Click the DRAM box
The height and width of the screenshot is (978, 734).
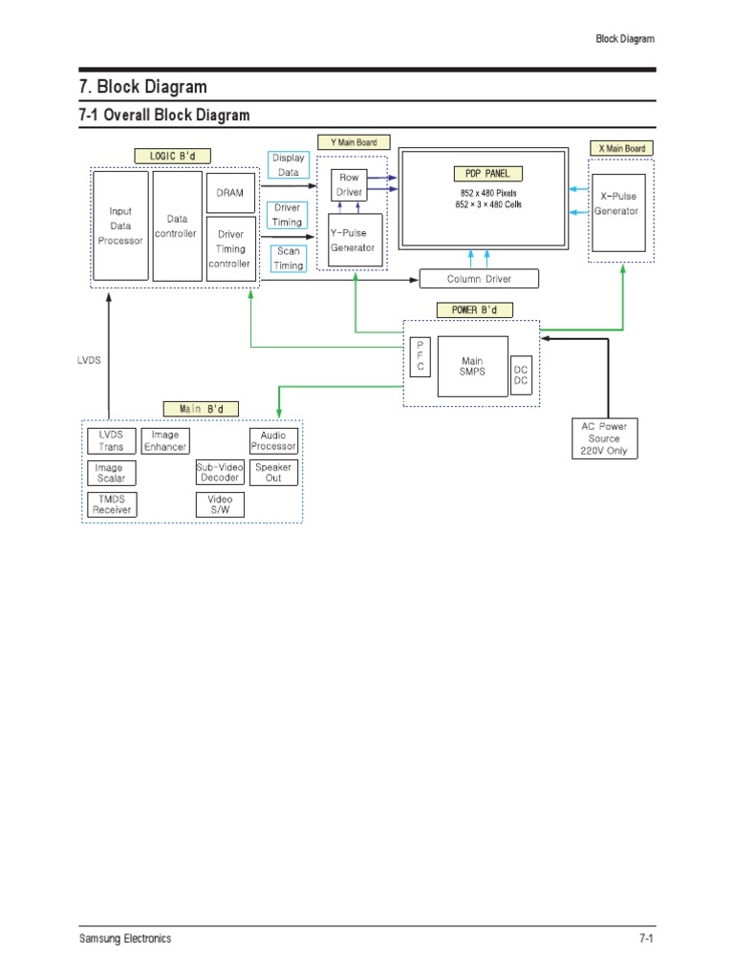pyautogui.click(x=230, y=193)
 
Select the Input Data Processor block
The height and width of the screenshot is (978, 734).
pyautogui.click(x=120, y=225)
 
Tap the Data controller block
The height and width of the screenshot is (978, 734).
pyautogui.click(x=177, y=225)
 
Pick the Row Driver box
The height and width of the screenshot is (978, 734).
pyautogui.click(x=349, y=184)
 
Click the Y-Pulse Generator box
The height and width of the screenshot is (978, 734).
pyautogui.click(x=354, y=240)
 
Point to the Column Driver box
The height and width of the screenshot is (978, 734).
pyautogui.click(x=479, y=279)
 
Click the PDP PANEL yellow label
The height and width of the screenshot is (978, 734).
pyautogui.click(x=487, y=174)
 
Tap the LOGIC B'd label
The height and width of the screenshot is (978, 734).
pyautogui.click(x=173, y=156)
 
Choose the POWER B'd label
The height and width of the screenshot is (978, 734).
pyautogui.click(x=461, y=309)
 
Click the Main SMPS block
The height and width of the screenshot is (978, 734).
pyautogui.click(x=472, y=366)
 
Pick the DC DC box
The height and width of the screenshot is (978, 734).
pyautogui.click(x=521, y=374)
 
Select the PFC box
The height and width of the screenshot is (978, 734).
pyautogui.click(x=420, y=355)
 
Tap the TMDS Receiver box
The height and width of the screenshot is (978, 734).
pyautogui.click(x=110, y=504)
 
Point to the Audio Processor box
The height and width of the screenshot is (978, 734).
pyautogui.click(x=273, y=440)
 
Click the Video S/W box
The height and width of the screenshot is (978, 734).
pyautogui.click(x=220, y=504)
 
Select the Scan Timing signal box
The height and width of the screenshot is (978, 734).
pyautogui.click(x=289, y=259)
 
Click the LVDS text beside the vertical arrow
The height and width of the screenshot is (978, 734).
pyautogui.click(x=88, y=361)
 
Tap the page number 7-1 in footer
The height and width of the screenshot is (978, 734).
pyautogui.click(x=645, y=939)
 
